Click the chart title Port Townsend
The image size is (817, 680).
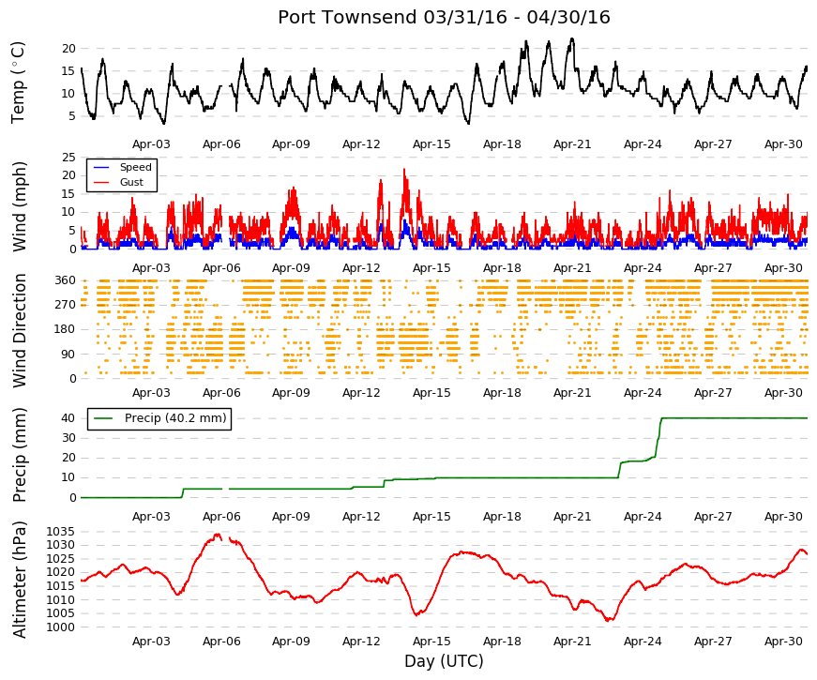(x=347, y=17)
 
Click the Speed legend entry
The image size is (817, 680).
(x=122, y=167)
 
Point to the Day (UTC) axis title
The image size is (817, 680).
(x=444, y=661)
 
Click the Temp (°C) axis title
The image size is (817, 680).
(x=18, y=83)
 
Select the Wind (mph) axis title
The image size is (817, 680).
(x=19, y=207)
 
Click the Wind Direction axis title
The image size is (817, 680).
(x=19, y=331)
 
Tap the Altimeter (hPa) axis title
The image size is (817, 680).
(x=19, y=580)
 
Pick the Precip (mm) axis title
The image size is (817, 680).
(x=19, y=455)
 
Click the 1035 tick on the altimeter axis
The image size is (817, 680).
(x=60, y=532)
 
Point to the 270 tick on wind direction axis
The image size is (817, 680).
(x=65, y=305)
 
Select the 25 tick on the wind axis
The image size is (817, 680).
(x=68, y=158)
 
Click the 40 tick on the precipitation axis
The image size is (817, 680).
(x=68, y=418)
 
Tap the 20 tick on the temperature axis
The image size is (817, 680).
(x=68, y=49)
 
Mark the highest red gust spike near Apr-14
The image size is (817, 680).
(x=404, y=169)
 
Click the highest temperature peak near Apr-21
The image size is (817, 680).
(x=572, y=38)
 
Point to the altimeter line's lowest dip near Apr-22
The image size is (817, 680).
(x=610, y=620)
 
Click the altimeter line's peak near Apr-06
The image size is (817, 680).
(x=218, y=535)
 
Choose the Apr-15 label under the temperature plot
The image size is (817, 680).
(x=431, y=144)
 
